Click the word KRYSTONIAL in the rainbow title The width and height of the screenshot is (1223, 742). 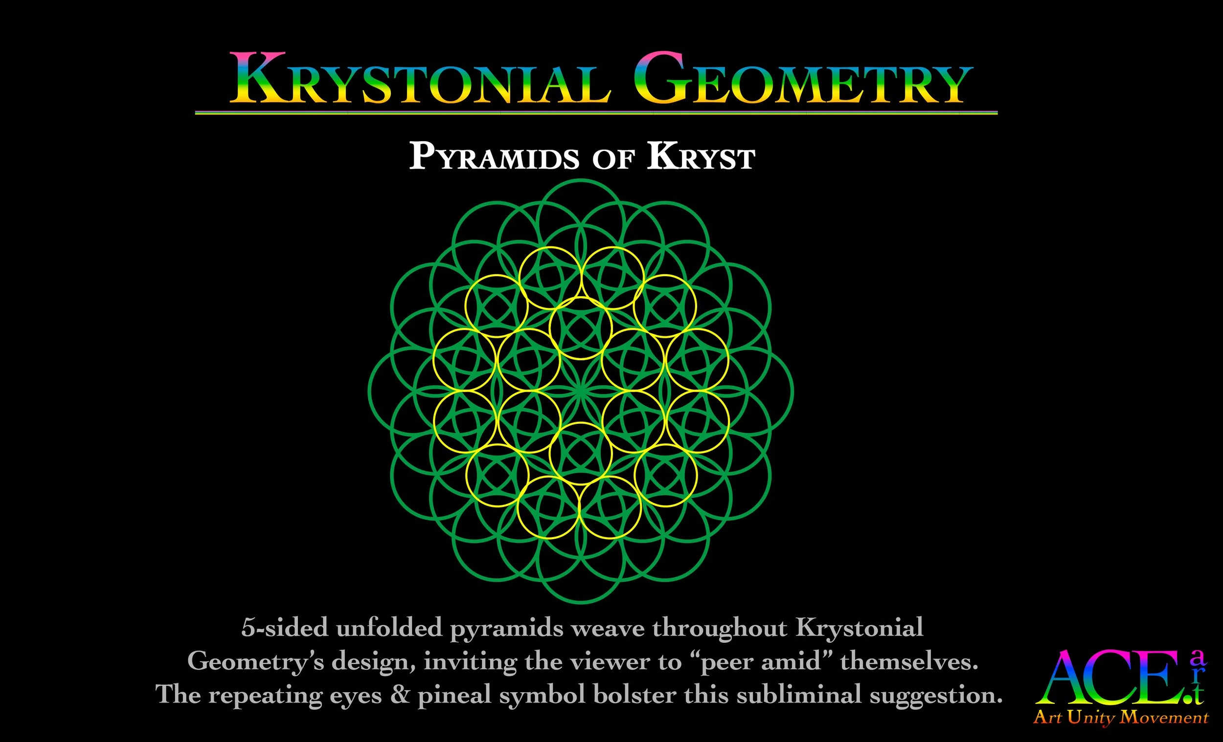[419, 79]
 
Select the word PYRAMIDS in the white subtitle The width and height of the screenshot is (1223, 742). [494, 157]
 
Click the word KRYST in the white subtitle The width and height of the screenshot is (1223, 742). [701, 157]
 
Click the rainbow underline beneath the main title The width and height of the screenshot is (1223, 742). [596, 113]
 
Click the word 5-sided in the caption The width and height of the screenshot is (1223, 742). [284, 628]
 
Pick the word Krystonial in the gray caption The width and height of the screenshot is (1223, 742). [860, 628]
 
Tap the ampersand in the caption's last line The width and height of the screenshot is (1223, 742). [400, 695]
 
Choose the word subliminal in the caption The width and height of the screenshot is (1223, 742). [799, 695]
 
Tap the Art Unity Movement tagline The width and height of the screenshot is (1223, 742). [1121, 718]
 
